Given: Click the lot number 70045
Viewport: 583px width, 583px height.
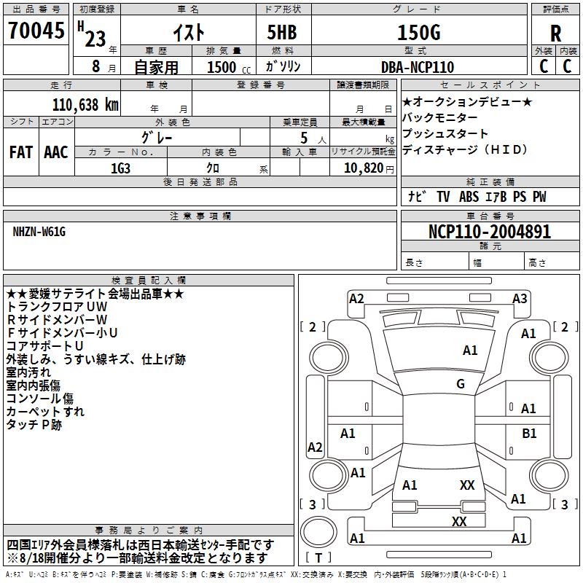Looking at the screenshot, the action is point(36,31).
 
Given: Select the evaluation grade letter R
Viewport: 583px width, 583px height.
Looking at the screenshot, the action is point(555,34).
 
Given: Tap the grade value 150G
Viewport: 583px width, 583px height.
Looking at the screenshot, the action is point(419,33).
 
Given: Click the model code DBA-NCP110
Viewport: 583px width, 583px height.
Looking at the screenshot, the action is point(418,67).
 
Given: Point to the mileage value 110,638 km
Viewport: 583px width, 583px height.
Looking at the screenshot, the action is point(85,105).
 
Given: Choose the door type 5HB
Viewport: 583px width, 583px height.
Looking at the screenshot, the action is point(282,32).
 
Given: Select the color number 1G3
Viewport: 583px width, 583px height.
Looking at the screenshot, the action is point(121,168).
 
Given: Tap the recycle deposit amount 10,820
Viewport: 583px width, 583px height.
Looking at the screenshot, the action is point(364,168).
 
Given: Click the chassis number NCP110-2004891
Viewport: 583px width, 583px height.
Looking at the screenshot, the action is point(490,232).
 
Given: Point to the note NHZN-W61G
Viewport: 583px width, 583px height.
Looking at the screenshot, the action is point(39,232).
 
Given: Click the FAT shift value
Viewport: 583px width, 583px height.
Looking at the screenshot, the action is point(21,152).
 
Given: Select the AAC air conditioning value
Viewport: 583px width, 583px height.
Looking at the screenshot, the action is point(56,152).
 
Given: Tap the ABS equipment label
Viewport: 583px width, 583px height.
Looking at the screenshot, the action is point(469,197).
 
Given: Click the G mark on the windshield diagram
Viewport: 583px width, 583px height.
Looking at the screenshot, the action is point(461,384).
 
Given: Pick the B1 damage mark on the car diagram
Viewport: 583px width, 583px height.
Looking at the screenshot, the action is point(529,434).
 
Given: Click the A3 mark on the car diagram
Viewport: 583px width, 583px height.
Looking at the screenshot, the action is point(520,299).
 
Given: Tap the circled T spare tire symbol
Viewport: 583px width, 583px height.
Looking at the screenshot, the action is point(318,532).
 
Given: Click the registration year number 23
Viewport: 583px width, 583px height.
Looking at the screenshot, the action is point(95,39).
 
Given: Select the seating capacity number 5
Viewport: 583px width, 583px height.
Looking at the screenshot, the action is point(304,138).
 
